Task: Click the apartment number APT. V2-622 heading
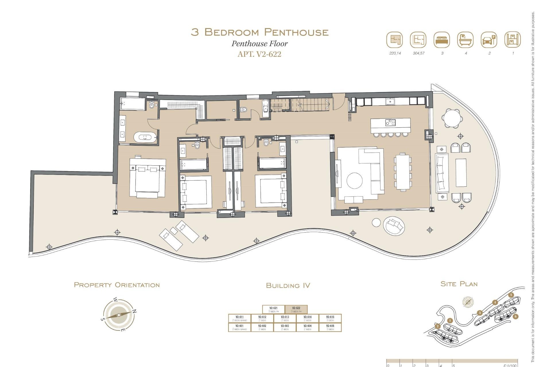click(259, 54)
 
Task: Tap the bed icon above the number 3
click(442, 40)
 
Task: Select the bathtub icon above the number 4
click(465, 40)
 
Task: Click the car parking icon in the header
click(489, 40)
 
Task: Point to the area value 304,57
click(418, 53)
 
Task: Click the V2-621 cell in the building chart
click(273, 309)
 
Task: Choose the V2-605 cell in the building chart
click(330, 327)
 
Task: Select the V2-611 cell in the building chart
click(239, 318)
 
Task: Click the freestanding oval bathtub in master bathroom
click(145, 137)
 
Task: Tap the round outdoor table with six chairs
click(452, 118)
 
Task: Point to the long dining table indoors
click(403, 171)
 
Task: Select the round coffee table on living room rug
click(354, 181)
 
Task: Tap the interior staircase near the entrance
click(310, 105)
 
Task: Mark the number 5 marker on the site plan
click(511, 295)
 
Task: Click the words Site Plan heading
click(459, 284)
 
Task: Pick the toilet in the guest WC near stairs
click(244, 110)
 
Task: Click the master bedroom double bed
click(147, 178)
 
